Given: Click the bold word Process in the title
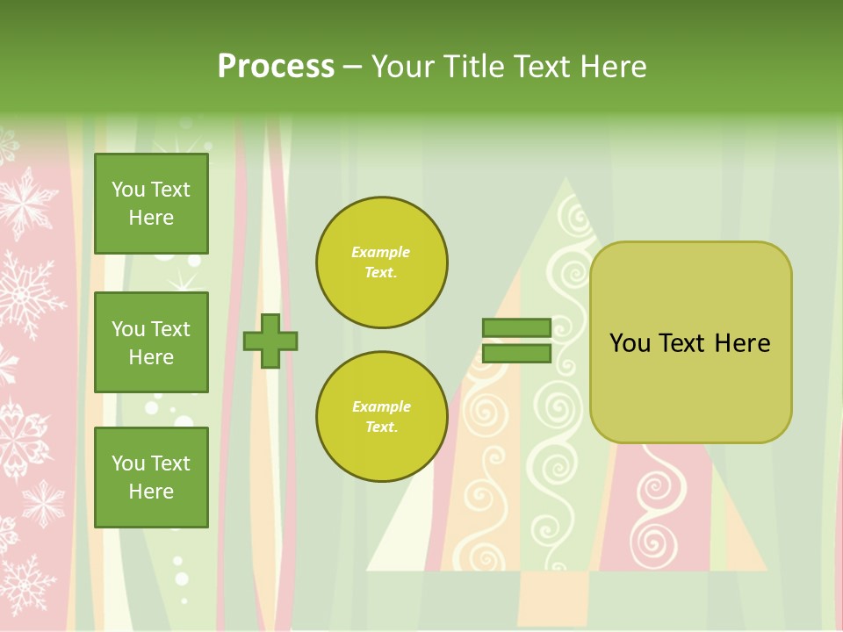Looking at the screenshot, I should pos(276,67).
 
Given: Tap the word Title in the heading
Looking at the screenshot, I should pos(471,67).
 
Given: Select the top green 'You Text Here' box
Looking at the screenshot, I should pos(151,204).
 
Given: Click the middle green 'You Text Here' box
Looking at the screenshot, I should pos(151,342).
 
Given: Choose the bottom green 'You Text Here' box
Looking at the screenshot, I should pos(151,478).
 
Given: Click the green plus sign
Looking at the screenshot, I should pos(270,341).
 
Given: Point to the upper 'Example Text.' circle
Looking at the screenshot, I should pos(381,262).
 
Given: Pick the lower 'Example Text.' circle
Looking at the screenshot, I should pos(381,417).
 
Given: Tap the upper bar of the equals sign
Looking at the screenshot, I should pos(516,327).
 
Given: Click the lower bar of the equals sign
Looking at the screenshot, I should pos(516,354).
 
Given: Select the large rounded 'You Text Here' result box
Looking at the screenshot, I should pos(690,342).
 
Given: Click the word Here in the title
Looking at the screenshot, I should pos(613,67).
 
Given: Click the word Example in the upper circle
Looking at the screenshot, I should pos(381,253).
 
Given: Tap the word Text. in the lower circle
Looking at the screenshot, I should pos(381,427).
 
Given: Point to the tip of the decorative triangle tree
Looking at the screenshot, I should pos(566,179).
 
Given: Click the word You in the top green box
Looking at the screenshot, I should pos(128,190).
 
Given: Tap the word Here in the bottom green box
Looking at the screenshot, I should pos(151,492).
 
